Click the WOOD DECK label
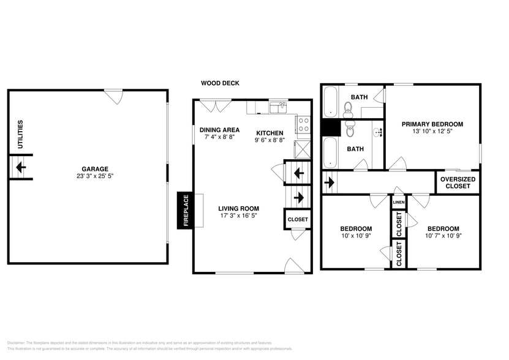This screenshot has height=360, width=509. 220,83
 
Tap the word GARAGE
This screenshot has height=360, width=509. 95,169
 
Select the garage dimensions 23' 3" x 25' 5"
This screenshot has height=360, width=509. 95,176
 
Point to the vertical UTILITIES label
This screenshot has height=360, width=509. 20,134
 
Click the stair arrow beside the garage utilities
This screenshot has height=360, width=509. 20,167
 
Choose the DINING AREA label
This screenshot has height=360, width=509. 219,130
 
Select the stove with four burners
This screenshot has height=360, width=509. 303,125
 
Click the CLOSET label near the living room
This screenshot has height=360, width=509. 298,219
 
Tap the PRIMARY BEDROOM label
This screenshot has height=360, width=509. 432,124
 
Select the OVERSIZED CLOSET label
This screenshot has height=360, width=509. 458,182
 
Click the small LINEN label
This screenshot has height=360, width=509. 398,202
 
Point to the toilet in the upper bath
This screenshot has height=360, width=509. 349,109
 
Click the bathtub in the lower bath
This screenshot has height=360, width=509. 330,152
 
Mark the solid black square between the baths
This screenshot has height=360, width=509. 331,126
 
